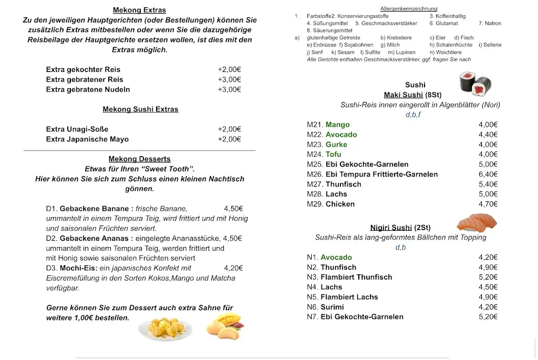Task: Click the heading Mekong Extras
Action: tap(139, 10)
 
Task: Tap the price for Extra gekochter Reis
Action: tap(229, 69)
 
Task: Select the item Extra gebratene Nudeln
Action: tap(88, 89)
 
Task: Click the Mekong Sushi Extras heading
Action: tap(140, 109)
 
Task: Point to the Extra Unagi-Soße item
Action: tap(77, 129)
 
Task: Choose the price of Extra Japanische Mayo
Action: tap(229, 139)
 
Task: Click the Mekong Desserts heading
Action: tap(139, 159)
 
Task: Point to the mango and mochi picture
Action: tap(224, 326)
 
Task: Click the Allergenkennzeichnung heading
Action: tap(409, 9)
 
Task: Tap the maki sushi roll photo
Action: tap(475, 84)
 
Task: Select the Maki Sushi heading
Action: tap(403, 95)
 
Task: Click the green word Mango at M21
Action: tap(337, 125)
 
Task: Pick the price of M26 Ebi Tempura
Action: tap(488, 174)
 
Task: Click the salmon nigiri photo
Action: tap(477, 222)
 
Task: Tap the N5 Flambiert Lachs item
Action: tap(349, 297)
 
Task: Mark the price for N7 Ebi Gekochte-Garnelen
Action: tap(488, 317)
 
